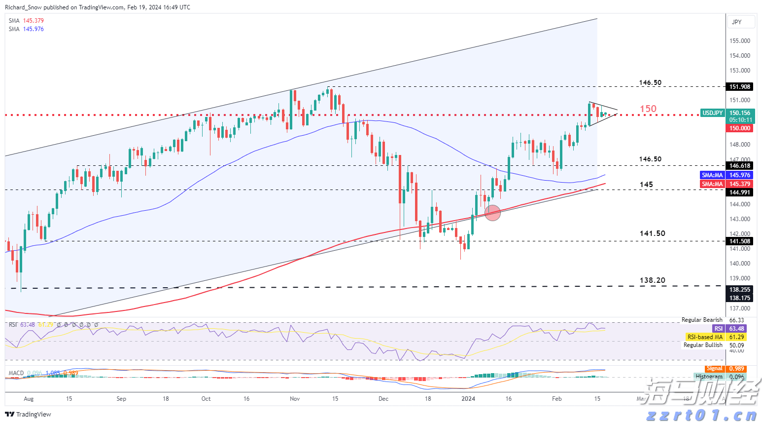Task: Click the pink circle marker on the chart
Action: [x=492, y=213]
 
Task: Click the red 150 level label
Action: [x=648, y=109]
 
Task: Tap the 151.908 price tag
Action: [x=740, y=87]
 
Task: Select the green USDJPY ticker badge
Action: [x=712, y=113]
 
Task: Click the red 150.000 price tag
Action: [x=740, y=128]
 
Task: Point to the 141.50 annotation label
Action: [x=652, y=233]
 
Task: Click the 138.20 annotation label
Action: [x=652, y=280]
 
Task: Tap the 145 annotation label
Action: [x=646, y=184]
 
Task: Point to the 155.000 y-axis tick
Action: [x=740, y=41]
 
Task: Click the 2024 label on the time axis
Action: [x=468, y=399]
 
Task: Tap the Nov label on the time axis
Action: [x=295, y=399]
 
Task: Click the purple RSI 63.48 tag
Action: [x=729, y=329]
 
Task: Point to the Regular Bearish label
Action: [x=702, y=320]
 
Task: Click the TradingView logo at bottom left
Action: [x=29, y=415]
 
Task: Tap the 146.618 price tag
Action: [x=740, y=166]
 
